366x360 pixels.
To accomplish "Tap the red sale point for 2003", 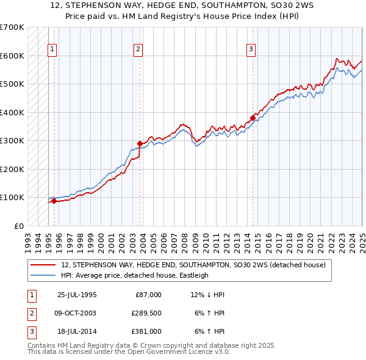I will coord(140,144).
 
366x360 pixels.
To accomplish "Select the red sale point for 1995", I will coord(54,201).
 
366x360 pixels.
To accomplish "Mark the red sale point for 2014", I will coord(253,118).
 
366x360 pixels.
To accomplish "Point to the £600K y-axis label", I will coord(12,56).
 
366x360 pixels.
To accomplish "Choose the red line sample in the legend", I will coord(44,265).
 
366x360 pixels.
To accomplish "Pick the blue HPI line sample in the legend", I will coord(44,275).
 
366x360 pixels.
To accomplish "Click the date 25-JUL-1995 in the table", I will coord(77,295).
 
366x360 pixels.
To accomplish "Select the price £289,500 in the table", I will coord(146,313).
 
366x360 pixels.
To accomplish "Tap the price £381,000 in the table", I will coord(146,331).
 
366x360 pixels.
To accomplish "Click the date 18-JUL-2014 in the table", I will coord(77,331).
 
